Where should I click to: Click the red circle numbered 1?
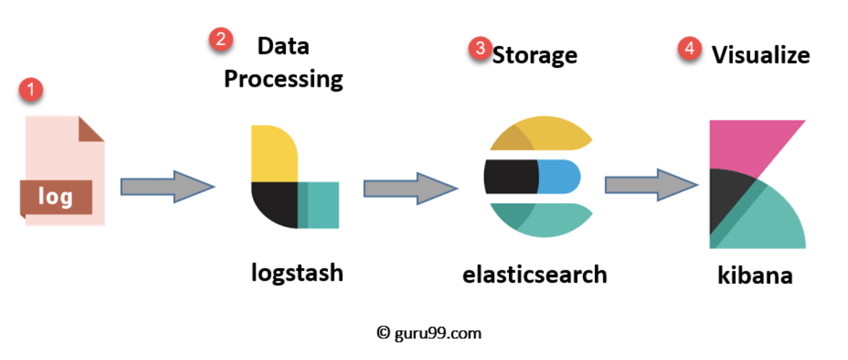coord(31,91)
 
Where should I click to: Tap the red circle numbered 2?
coord(220,40)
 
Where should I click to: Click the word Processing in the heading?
coord(283,79)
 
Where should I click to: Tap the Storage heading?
coord(535,55)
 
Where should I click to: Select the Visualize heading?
coord(761,55)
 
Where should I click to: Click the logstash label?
coord(297,273)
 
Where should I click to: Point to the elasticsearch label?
coord(534,274)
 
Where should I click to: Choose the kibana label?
coord(755,275)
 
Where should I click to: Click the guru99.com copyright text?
coord(429,333)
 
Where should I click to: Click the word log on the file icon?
coord(55,197)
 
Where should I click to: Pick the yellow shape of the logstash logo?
coord(273,153)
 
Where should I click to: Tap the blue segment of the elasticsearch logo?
coord(558,176)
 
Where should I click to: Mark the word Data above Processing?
coord(283,46)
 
